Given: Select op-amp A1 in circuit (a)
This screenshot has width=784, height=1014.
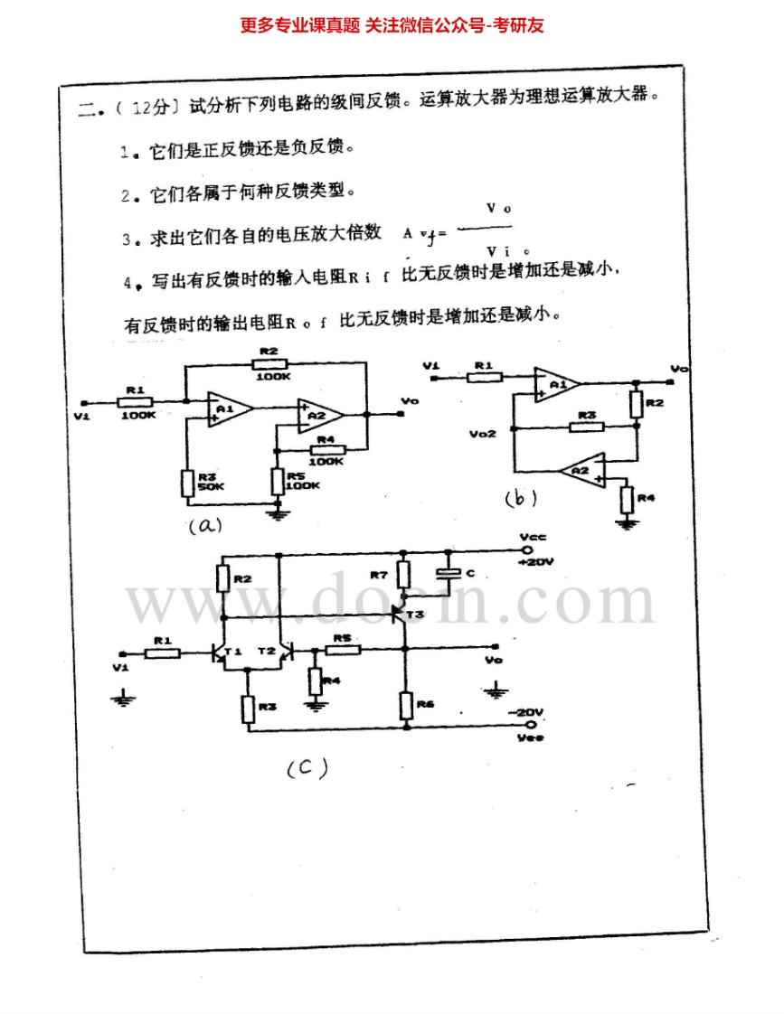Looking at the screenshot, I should pos(225,410).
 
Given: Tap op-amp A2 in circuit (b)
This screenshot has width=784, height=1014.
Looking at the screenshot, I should pos(580,471).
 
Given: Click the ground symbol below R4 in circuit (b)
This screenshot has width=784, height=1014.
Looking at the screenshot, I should pos(624,523).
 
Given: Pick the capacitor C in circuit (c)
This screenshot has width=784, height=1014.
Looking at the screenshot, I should pos(445,573).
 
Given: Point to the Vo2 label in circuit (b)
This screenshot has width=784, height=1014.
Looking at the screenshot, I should pos(483,434).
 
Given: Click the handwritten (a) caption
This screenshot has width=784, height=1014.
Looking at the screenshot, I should pos(204,525).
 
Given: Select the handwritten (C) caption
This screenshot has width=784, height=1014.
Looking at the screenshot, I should pos(307,768).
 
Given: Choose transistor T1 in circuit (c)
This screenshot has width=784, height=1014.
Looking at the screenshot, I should pos(220,653).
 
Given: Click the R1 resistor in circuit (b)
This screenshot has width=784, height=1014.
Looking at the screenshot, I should pos(484,377).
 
